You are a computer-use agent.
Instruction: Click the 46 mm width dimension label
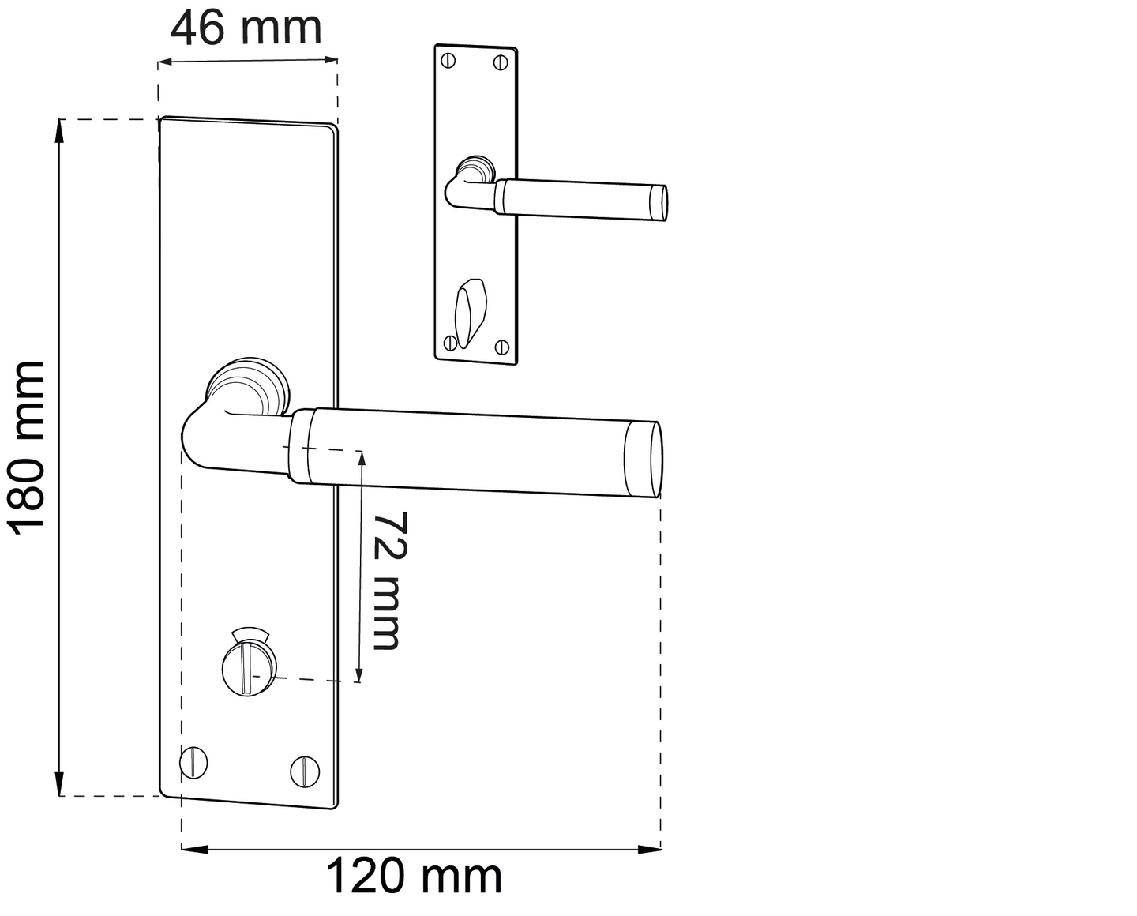[246, 28]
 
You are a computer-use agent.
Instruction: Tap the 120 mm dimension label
[414, 877]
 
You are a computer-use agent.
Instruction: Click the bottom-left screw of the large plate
[194, 763]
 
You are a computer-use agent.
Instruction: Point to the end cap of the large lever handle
[644, 460]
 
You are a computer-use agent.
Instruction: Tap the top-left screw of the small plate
[449, 60]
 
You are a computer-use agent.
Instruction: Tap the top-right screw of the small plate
[501, 62]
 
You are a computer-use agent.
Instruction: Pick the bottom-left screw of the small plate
[450, 342]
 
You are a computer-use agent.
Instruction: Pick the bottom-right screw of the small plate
[501, 346]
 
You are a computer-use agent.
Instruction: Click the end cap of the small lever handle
[659, 202]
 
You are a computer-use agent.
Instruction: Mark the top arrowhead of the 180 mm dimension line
[58, 131]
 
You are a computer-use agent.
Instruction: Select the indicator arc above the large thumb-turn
[251, 633]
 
